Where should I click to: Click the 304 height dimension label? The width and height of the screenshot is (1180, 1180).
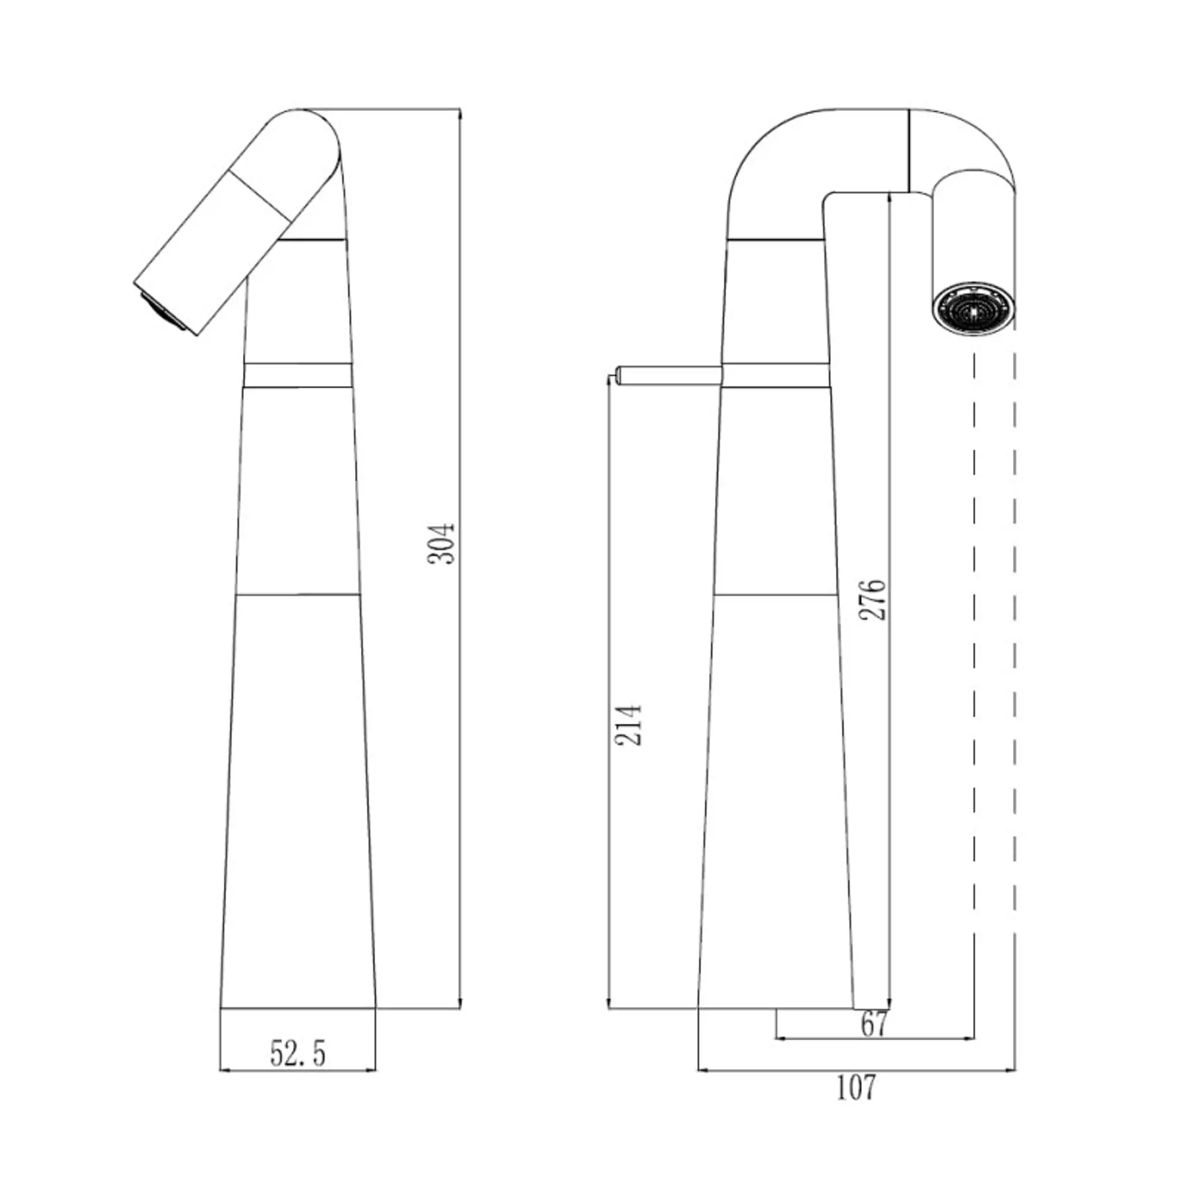(441, 543)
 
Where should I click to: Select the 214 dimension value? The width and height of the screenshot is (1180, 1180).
(628, 725)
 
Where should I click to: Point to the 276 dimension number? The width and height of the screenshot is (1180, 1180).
(871, 599)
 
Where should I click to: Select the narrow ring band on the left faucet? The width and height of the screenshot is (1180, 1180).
(298, 375)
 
